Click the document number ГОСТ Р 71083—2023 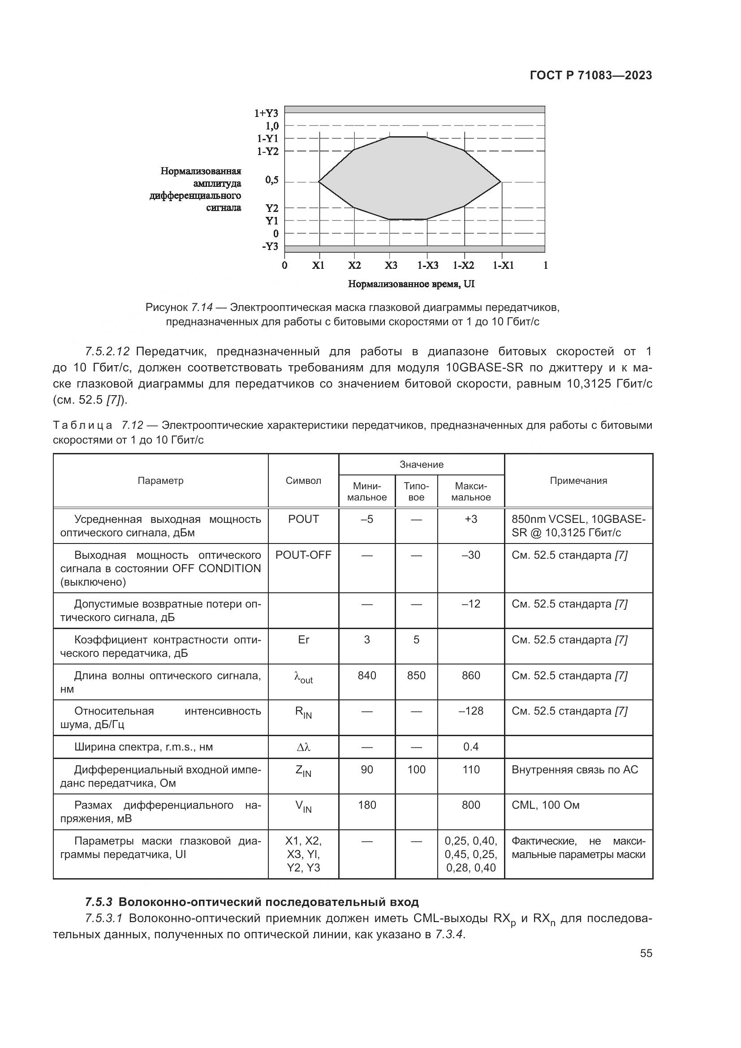click(591, 76)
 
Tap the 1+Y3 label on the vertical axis click(266, 113)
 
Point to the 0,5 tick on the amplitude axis click(272, 180)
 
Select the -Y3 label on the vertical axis click(270, 246)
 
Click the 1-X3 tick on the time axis click(427, 266)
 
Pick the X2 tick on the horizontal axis click(354, 266)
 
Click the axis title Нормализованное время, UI click(411, 284)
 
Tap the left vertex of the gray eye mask click(319, 181)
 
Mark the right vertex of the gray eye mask click(500, 181)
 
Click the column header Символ click(303, 481)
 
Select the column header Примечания click(578, 481)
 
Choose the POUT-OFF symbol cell click(303, 555)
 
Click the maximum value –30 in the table click(471, 555)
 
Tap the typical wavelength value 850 click(416, 676)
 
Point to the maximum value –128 click(471, 711)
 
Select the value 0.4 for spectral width click(471, 747)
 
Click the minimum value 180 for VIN click(367, 805)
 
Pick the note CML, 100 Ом click(545, 805)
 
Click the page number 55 click(646, 953)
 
